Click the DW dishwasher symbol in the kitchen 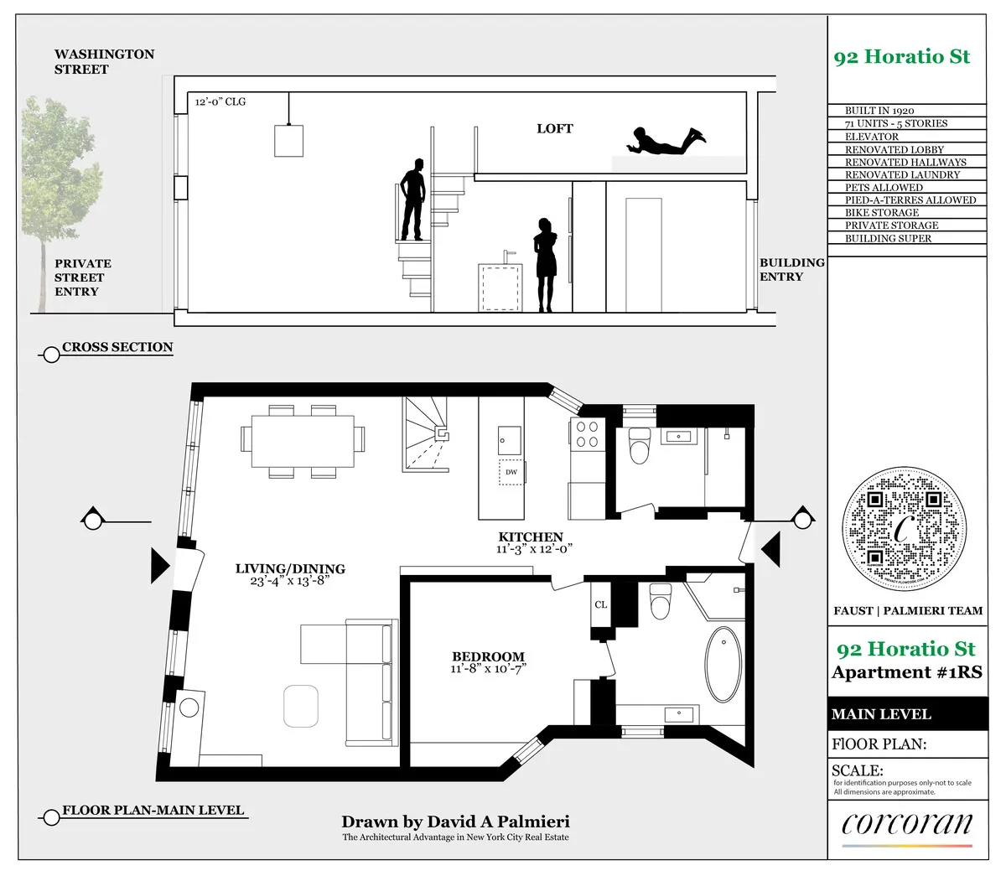tap(511, 472)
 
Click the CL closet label tap(600, 604)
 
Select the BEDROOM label tap(488, 657)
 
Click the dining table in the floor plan tap(303, 439)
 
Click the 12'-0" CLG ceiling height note tap(220, 102)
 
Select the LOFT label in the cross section tap(554, 128)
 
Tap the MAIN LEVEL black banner tap(905, 714)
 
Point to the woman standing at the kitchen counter tap(546, 263)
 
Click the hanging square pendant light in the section tap(288, 140)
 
